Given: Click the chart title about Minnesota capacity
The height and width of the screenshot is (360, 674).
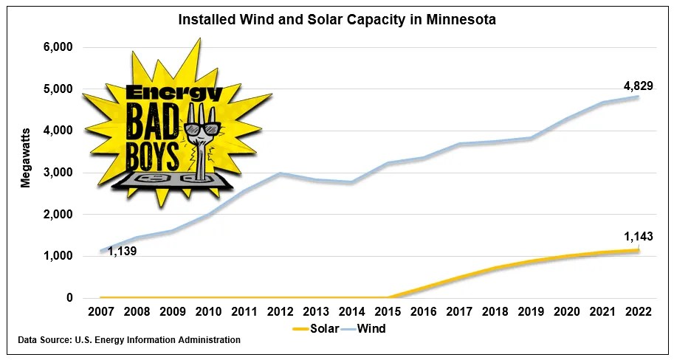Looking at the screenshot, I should tap(337, 20).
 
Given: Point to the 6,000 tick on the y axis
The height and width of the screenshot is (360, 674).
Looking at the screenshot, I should tap(57, 47).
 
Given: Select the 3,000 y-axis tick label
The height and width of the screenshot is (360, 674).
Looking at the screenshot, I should tap(57, 173).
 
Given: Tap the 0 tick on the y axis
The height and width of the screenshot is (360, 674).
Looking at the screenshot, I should tap(69, 298).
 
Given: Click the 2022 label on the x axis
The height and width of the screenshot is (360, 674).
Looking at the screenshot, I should tap(638, 312).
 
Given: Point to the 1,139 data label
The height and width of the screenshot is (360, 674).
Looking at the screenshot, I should tap(123, 252).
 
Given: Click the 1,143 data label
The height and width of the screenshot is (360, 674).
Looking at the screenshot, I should tap(638, 237).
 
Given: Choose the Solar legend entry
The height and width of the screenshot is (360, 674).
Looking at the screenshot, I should tap(316, 328).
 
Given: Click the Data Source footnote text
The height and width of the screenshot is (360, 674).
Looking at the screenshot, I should tap(129, 340).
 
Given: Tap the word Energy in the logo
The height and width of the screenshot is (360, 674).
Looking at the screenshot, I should tap(173, 94).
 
